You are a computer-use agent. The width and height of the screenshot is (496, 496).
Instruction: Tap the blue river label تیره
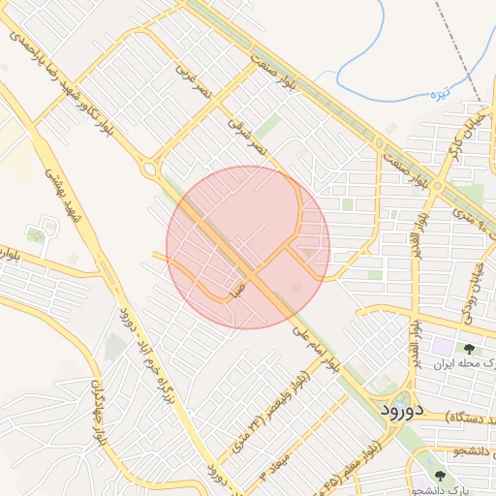(440, 95)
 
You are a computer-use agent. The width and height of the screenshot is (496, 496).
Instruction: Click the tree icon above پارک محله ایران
(469, 349)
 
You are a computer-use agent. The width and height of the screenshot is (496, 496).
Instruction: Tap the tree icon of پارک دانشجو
(441, 476)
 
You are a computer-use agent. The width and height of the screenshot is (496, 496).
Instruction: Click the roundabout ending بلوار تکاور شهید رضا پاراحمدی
(150, 170)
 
